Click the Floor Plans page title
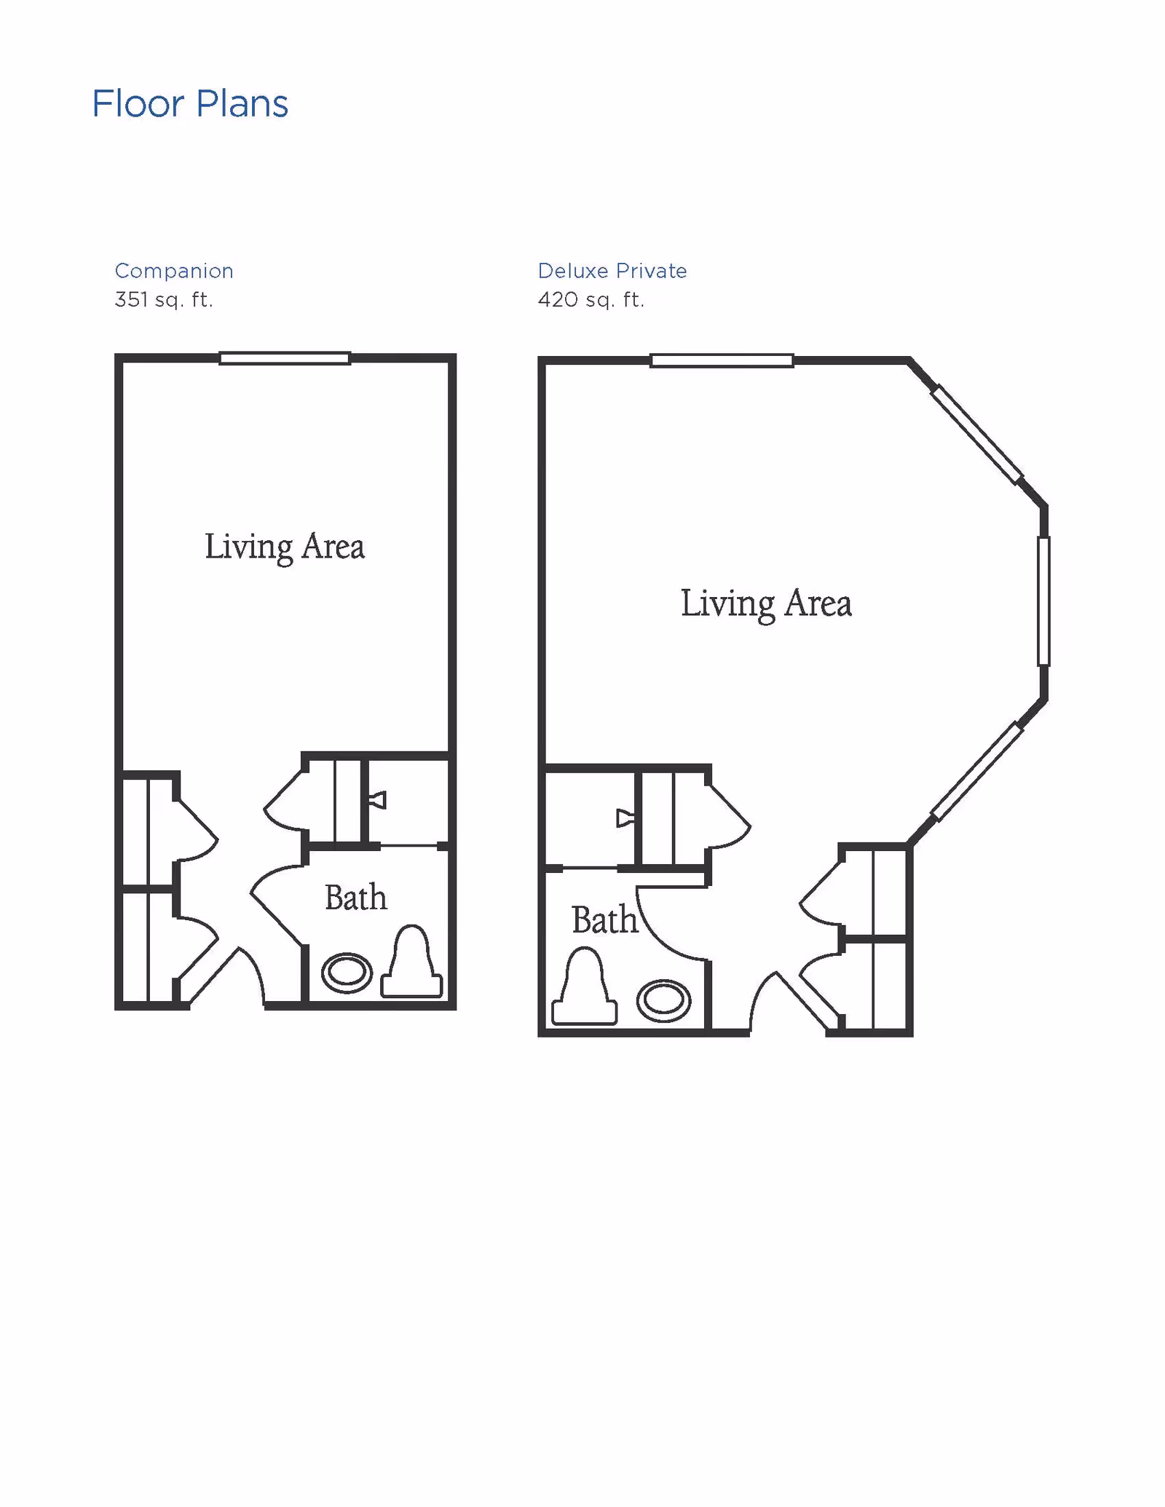[190, 104]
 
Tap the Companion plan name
[174, 271]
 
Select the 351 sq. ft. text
[164, 300]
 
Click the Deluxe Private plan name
[612, 271]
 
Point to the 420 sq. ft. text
[591, 300]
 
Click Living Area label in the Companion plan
[285, 547]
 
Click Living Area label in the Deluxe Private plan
[766, 604]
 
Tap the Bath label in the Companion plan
[355, 898]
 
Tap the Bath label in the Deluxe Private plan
[604, 920]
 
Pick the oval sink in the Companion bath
[347, 973]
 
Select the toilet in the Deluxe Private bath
[584, 987]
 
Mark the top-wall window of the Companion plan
[285, 358]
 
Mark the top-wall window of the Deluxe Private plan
[722, 360]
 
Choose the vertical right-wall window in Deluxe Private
[1043, 601]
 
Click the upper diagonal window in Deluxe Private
[977, 435]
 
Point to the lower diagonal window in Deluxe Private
[977, 772]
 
